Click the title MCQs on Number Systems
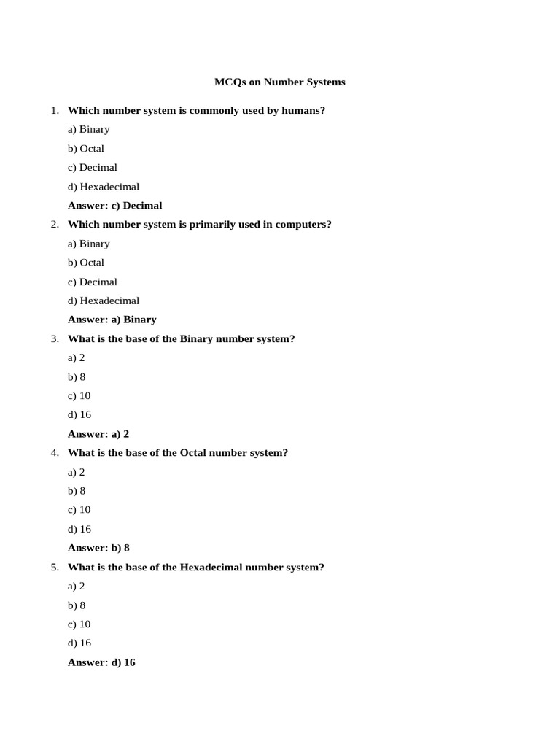click(x=279, y=82)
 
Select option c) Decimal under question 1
click(x=92, y=168)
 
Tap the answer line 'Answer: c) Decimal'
click(x=114, y=206)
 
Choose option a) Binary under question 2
click(x=88, y=244)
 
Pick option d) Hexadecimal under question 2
click(x=103, y=301)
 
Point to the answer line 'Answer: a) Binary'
click(x=112, y=320)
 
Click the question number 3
click(x=54, y=339)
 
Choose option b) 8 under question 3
click(x=77, y=377)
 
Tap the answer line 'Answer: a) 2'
click(x=98, y=434)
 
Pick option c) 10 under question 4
click(x=79, y=510)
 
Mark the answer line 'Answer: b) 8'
click(x=98, y=548)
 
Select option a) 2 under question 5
click(x=77, y=587)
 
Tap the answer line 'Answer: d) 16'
click(x=101, y=662)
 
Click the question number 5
click(x=54, y=568)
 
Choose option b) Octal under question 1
click(x=86, y=149)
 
